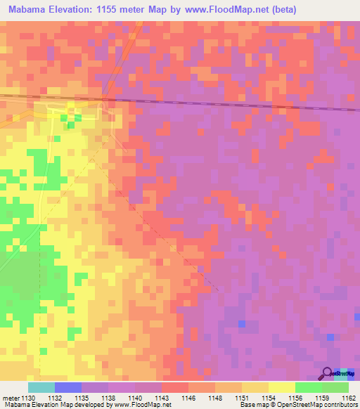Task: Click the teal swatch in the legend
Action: [41, 387]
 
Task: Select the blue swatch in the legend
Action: [68, 387]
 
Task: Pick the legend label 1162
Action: [349, 398]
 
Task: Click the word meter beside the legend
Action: [11, 398]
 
